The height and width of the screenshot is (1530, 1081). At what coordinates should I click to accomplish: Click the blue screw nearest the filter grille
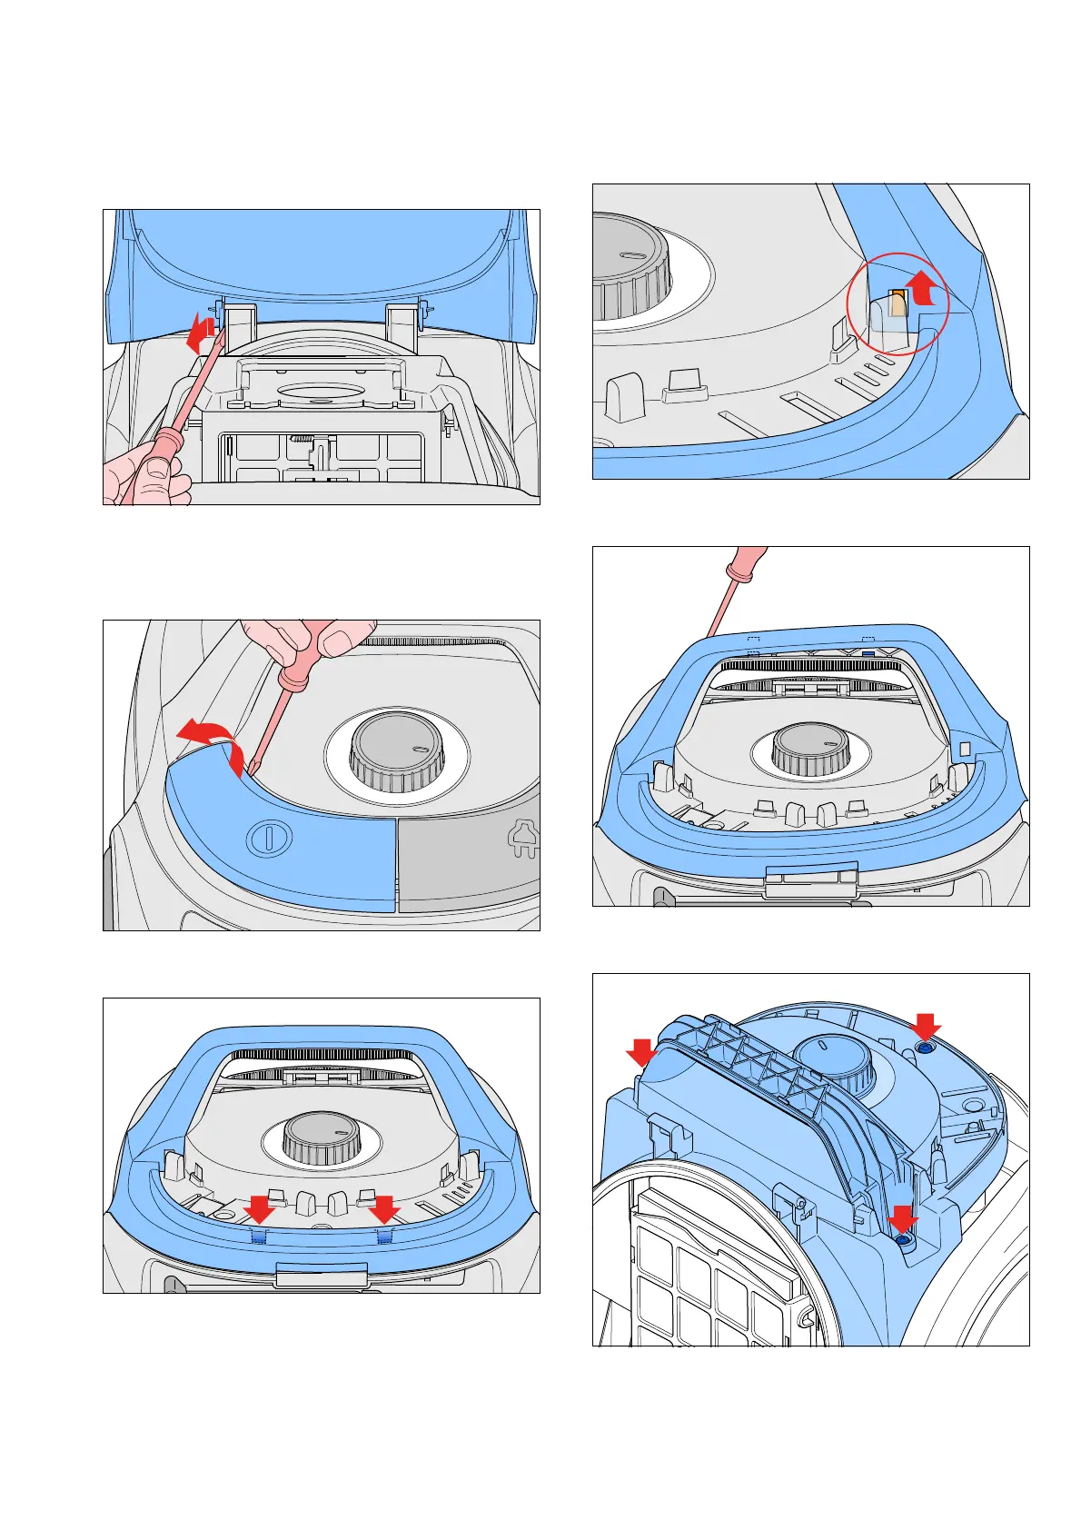click(x=902, y=1242)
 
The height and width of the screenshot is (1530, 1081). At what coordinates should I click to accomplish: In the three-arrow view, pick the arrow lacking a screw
click(x=641, y=1054)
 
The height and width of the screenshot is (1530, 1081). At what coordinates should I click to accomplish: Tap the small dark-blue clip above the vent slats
click(x=868, y=653)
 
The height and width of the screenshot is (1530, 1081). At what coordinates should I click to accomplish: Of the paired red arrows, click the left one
click(x=261, y=1209)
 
